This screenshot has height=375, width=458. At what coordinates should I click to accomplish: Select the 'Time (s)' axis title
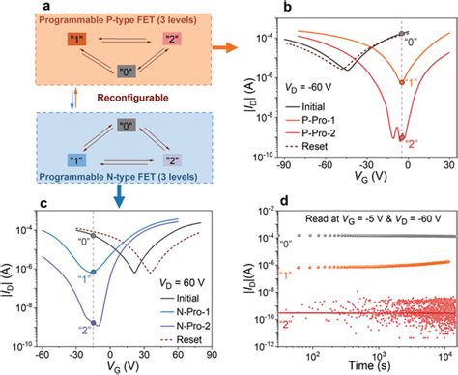tap(366, 368)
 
